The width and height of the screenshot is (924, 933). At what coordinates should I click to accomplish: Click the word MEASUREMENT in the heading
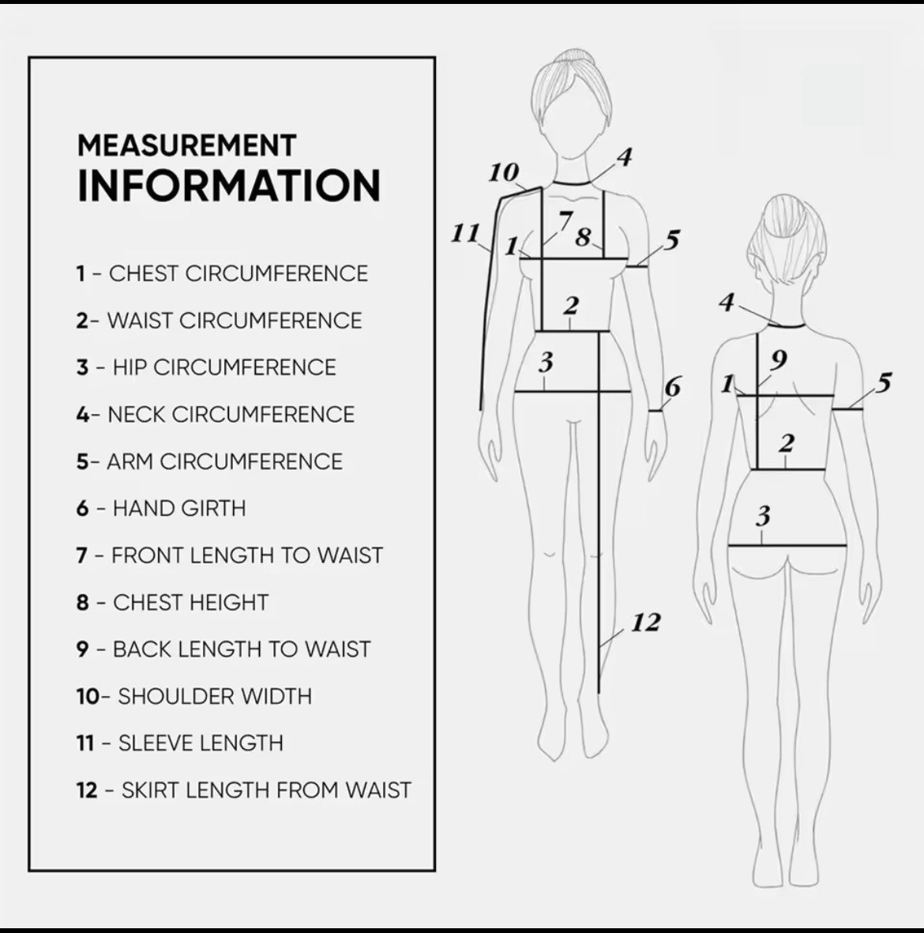click(x=187, y=146)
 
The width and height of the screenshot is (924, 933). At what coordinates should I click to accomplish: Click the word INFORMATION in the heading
click(x=229, y=186)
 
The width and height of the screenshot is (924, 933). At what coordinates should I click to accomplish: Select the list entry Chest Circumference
click(x=222, y=273)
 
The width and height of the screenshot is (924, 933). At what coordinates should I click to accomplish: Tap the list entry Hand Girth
click(x=160, y=508)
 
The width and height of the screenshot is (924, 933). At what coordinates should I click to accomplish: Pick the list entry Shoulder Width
click(x=194, y=696)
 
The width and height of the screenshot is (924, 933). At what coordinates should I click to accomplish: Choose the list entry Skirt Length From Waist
click(x=243, y=790)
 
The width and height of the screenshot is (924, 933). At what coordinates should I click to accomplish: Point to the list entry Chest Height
click(x=172, y=602)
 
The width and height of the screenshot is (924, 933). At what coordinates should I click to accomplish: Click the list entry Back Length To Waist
click(x=223, y=649)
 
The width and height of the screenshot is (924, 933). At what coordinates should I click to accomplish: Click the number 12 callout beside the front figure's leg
click(x=645, y=623)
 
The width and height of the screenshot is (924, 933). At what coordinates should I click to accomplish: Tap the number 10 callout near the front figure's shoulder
click(x=503, y=173)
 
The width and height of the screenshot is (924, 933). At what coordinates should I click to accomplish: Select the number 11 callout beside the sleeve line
click(x=465, y=232)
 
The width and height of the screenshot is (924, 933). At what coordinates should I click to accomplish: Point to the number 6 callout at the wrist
click(x=672, y=387)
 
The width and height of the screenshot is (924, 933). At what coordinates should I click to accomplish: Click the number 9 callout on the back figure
click(x=779, y=359)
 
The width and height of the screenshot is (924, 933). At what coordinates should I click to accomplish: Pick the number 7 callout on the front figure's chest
click(x=565, y=220)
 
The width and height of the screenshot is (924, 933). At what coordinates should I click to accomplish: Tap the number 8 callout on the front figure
click(x=583, y=237)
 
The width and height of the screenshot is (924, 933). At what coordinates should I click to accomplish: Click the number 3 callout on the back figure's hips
click(x=764, y=515)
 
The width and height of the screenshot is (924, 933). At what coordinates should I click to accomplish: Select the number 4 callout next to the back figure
click(x=727, y=303)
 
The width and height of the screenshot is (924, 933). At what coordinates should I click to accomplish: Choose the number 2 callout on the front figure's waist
click(x=570, y=306)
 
